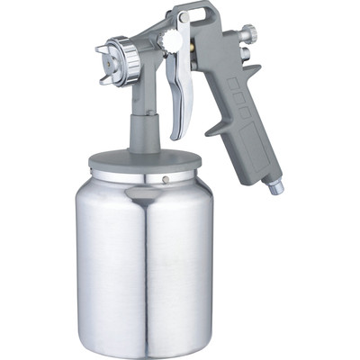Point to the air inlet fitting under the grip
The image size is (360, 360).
coord(274,186)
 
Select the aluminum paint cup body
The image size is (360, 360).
coord(144,261)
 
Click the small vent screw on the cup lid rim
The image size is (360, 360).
coord(166,178)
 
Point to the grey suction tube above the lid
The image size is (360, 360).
coord(144,130)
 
